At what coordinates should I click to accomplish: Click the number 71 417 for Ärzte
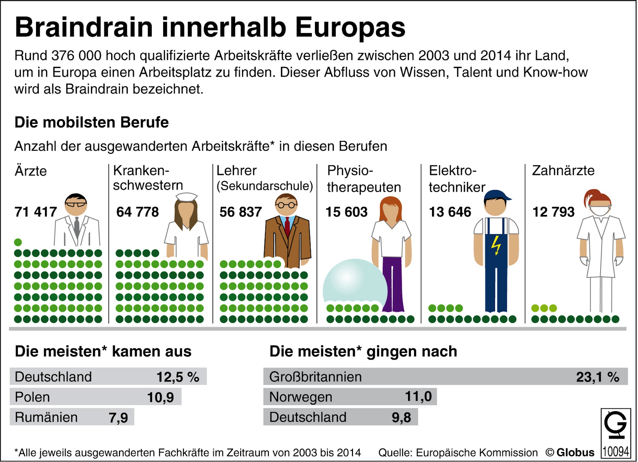click(x=36, y=212)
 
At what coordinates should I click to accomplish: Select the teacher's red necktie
click(x=287, y=226)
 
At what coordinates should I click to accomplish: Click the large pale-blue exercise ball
click(x=352, y=284)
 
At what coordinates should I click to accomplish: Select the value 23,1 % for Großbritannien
click(x=598, y=377)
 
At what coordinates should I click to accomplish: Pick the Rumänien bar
click(x=72, y=417)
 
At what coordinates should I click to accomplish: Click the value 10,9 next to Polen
click(x=160, y=397)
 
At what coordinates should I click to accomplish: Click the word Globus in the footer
click(x=575, y=453)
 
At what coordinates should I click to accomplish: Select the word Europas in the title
click(x=350, y=27)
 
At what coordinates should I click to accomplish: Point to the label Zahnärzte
click(x=563, y=171)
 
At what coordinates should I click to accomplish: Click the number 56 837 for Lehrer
click(x=240, y=212)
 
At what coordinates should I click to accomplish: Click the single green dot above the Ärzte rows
click(x=18, y=242)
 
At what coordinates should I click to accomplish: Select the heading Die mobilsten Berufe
click(x=92, y=122)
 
